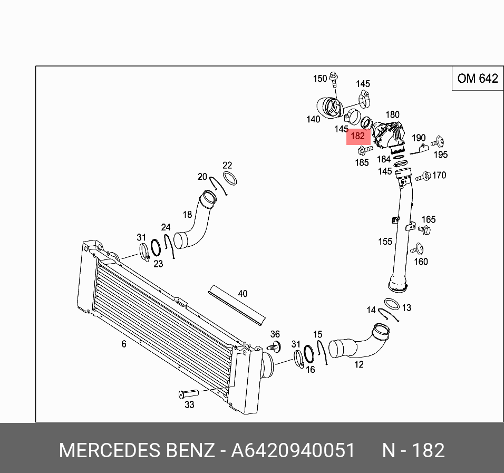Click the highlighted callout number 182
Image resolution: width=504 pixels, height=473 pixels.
point(357,136)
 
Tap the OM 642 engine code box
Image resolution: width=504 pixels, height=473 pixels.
point(477,79)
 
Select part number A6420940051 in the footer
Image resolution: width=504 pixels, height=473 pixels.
point(293,451)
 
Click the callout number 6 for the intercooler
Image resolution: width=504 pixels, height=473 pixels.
point(124,344)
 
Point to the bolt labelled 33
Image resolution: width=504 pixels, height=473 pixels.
point(188,393)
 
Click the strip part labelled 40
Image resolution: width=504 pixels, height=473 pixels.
point(237,305)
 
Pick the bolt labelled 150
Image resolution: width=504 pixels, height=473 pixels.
point(333,79)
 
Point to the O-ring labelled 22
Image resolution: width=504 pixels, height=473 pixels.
point(229,178)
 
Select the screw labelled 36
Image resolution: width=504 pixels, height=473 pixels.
point(274,347)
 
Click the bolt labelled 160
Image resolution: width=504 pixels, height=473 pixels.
point(419,249)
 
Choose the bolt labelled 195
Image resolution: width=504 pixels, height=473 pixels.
point(438,142)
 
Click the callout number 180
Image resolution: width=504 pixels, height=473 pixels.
point(393,114)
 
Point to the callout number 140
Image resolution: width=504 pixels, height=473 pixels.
point(313,119)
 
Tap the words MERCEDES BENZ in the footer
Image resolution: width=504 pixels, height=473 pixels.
point(137,451)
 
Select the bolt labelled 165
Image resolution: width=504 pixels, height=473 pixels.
point(424,230)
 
